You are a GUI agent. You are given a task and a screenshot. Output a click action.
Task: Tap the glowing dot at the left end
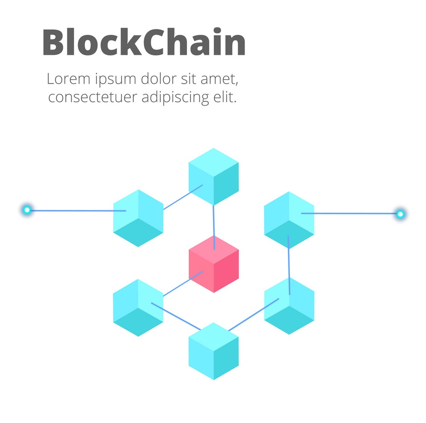pyautogui.click(x=27, y=210)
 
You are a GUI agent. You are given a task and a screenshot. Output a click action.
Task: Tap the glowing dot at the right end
pyautogui.click(x=400, y=214)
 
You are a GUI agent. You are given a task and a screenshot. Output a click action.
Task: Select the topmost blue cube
pyautogui.click(x=213, y=176)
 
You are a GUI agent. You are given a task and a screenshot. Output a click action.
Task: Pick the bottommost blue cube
pyautogui.click(x=213, y=351)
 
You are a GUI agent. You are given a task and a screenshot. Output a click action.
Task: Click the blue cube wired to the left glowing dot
pyautogui.click(x=138, y=218)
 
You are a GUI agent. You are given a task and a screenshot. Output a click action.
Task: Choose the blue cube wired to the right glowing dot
pyautogui.click(x=289, y=220)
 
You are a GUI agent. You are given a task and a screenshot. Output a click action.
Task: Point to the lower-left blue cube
pyautogui.click(x=138, y=307)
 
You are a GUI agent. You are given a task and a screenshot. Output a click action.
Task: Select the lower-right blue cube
pyautogui.click(x=289, y=306)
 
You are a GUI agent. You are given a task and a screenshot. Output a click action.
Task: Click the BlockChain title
pyautogui.click(x=144, y=43)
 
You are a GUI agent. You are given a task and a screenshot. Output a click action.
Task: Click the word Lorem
pyautogui.click(x=68, y=79)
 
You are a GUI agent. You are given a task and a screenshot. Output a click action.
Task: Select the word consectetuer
pyautogui.click(x=92, y=97)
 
